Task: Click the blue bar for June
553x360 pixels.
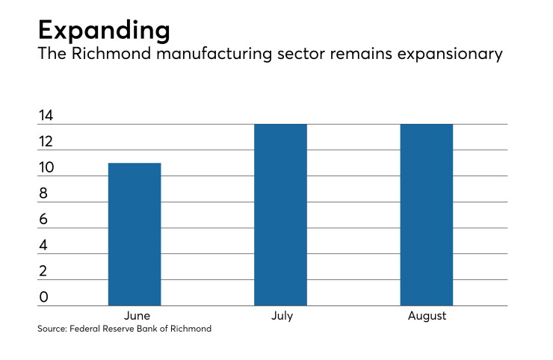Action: point(135,234)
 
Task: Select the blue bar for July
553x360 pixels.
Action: point(280,215)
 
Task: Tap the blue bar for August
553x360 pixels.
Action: point(427,215)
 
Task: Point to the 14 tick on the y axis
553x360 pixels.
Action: point(46,116)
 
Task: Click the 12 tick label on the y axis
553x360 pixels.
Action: point(46,142)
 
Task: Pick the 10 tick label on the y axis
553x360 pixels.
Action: point(46,167)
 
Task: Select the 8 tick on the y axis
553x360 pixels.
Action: point(43,193)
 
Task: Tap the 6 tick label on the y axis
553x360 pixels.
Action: point(43,220)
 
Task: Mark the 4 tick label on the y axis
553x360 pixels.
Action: point(43,246)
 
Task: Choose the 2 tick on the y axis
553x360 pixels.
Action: point(43,271)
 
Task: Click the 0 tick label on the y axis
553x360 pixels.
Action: point(43,297)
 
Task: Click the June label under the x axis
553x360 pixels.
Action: point(137,316)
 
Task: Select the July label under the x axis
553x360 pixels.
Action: point(282,316)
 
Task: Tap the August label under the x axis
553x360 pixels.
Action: point(427,316)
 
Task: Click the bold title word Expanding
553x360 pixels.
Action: point(104,31)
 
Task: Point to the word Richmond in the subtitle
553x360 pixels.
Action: point(111,54)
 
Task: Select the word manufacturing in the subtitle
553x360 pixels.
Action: point(214,54)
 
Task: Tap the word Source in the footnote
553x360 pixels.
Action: point(52,329)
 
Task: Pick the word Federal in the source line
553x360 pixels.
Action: point(84,329)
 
